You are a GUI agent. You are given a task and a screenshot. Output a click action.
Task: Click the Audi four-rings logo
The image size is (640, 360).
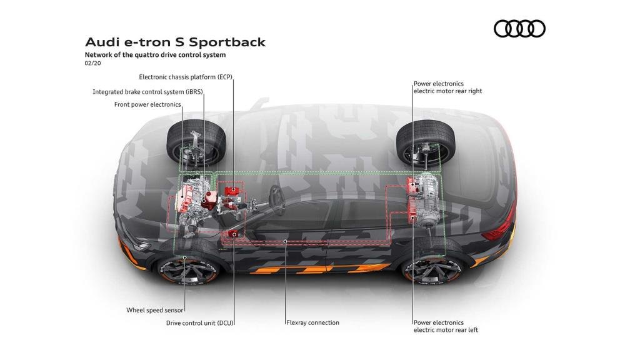click(x=519, y=29)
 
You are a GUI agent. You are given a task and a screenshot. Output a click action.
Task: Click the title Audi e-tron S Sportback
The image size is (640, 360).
click(x=175, y=42)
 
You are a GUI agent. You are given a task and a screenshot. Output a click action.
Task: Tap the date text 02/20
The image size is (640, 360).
click(x=92, y=63)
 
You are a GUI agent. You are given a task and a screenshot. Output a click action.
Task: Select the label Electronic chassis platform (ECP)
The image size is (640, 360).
click(x=185, y=77)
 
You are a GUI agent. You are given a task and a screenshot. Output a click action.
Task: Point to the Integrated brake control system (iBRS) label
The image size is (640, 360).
click(x=147, y=92)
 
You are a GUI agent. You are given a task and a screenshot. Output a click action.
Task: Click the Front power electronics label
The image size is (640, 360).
click(x=147, y=104)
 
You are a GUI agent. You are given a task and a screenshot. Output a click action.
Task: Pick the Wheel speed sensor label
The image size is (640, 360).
click(x=155, y=310)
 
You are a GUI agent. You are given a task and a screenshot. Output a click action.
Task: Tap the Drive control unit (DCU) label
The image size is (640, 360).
click(x=199, y=323)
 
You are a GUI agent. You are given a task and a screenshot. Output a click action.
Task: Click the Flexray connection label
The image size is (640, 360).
click(x=312, y=322)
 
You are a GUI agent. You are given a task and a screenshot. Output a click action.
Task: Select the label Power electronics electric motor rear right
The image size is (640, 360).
click(x=447, y=87)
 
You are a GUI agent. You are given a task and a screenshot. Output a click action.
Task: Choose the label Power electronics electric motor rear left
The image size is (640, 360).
click(x=446, y=326)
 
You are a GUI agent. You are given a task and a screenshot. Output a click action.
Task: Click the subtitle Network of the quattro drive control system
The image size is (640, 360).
click(x=155, y=55)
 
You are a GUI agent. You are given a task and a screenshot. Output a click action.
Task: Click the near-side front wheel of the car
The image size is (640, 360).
click(x=188, y=268)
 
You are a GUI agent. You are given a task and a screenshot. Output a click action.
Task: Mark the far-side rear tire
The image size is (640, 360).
click(x=426, y=142)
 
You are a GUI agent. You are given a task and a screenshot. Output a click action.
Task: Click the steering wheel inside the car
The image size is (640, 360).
click(x=277, y=199)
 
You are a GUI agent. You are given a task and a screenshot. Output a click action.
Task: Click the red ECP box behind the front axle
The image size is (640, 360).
click(x=232, y=189)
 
